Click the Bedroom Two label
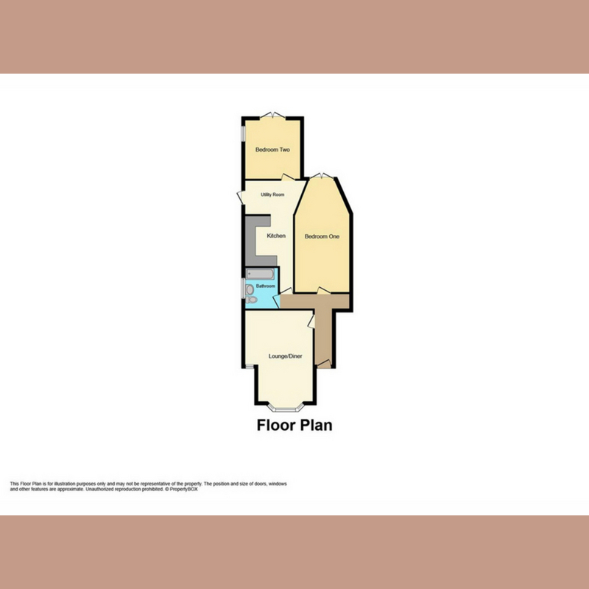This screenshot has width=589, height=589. pos(272,149)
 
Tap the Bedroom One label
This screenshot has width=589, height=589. pos(322,236)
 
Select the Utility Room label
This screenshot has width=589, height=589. pos(272,194)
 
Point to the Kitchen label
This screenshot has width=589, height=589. pos(276,236)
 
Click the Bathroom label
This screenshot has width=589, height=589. pos(265,286)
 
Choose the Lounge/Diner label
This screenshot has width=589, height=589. pos(285,356)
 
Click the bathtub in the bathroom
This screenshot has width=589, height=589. pos(261,274)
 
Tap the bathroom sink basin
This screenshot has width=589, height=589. pos(250,289)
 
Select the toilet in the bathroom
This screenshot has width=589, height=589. pos(251,300)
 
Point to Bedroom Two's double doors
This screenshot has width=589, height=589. pos(272,115)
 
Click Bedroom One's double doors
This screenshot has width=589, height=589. pos(322,175)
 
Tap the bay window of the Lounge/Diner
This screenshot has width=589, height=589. pos(286,408)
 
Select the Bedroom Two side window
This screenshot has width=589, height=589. pos(243,133)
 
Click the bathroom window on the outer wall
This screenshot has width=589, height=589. pos(243,288)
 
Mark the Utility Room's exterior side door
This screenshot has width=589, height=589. pos(241,197)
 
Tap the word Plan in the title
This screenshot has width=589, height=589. pos(315,425)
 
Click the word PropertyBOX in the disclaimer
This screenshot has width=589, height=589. pos(183,489)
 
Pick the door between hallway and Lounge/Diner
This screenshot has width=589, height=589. pos(311,322)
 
